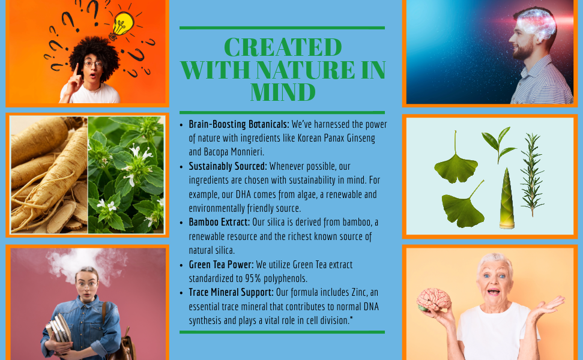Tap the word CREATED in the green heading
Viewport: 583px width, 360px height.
(283, 47)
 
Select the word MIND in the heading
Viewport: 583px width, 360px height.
(283, 92)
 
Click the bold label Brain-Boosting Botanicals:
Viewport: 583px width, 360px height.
(239, 124)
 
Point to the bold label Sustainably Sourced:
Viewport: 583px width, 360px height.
(228, 166)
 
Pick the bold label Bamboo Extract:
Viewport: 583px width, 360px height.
(219, 222)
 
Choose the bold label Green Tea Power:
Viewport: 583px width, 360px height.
(221, 265)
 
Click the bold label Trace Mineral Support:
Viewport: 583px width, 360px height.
(231, 292)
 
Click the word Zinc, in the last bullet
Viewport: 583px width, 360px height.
(360, 292)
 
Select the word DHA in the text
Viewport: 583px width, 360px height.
(244, 194)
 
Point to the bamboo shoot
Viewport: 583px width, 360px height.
(506, 198)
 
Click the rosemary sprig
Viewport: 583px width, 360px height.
(533, 175)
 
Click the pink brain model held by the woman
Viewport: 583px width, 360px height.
(433, 299)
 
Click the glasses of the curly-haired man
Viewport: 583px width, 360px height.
(93, 64)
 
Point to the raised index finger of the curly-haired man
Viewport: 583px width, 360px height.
(76, 70)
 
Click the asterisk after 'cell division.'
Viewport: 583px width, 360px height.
(351, 317)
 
